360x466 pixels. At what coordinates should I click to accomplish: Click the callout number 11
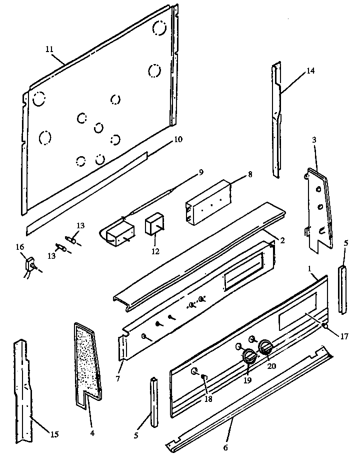[x=48, y=49]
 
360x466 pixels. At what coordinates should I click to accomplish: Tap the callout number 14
[x=310, y=71]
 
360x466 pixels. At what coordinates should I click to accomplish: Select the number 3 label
[x=314, y=140]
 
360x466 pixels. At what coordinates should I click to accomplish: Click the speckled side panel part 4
[x=87, y=358]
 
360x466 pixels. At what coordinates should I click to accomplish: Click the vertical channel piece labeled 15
[x=23, y=390]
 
